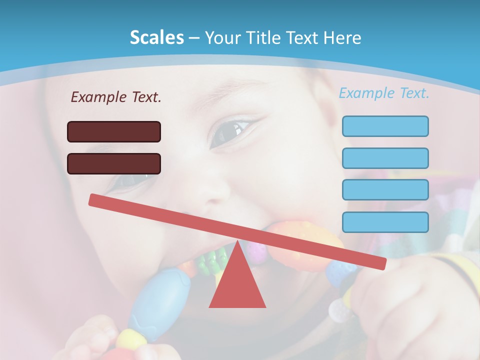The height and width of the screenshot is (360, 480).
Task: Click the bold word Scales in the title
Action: (x=156, y=37)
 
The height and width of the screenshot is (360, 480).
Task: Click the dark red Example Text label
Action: (x=116, y=97)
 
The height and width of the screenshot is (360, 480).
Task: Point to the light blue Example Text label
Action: (x=384, y=93)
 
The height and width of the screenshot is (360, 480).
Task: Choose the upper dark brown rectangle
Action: (x=114, y=131)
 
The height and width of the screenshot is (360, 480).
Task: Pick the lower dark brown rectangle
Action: (x=114, y=163)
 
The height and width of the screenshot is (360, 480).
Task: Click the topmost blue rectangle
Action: (x=385, y=126)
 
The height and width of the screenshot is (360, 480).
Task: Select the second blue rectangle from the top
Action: (x=385, y=158)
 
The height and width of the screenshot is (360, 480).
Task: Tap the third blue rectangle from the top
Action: (x=385, y=190)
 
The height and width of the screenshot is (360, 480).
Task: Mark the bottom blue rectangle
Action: (x=385, y=222)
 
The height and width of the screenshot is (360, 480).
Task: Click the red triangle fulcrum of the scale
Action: (x=237, y=285)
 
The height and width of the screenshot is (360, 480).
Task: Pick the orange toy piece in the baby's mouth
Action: (x=305, y=240)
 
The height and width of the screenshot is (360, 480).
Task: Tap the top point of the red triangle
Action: (x=237, y=242)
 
